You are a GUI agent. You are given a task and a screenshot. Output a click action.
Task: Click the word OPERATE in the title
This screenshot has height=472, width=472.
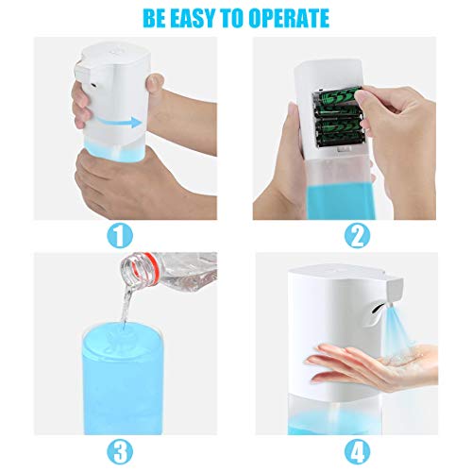click(x=289, y=18)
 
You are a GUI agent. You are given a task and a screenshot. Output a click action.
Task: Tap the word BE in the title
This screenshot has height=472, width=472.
click(x=155, y=18)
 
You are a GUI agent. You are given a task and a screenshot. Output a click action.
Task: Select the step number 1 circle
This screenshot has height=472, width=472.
click(x=120, y=236)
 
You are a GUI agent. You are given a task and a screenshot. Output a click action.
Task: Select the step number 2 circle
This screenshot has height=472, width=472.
click(x=358, y=236)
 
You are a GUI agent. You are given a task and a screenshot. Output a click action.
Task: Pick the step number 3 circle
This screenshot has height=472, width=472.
click(x=120, y=452)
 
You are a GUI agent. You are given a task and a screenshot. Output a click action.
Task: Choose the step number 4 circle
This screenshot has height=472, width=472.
click(x=358, y=452)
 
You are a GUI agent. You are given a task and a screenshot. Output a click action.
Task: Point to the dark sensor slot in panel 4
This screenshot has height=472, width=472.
click(x=378, y=308)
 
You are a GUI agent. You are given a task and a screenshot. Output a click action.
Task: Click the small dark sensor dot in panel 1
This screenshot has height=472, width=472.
click(x=93, y=85)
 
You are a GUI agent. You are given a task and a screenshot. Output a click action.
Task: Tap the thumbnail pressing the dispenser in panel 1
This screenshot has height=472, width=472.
click(x=156, y=82)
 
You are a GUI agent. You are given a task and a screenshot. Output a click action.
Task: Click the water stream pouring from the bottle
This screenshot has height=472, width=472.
click(x=126, y=306)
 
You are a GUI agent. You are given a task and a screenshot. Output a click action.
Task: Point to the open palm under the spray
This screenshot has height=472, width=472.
click(x=375, y=365)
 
